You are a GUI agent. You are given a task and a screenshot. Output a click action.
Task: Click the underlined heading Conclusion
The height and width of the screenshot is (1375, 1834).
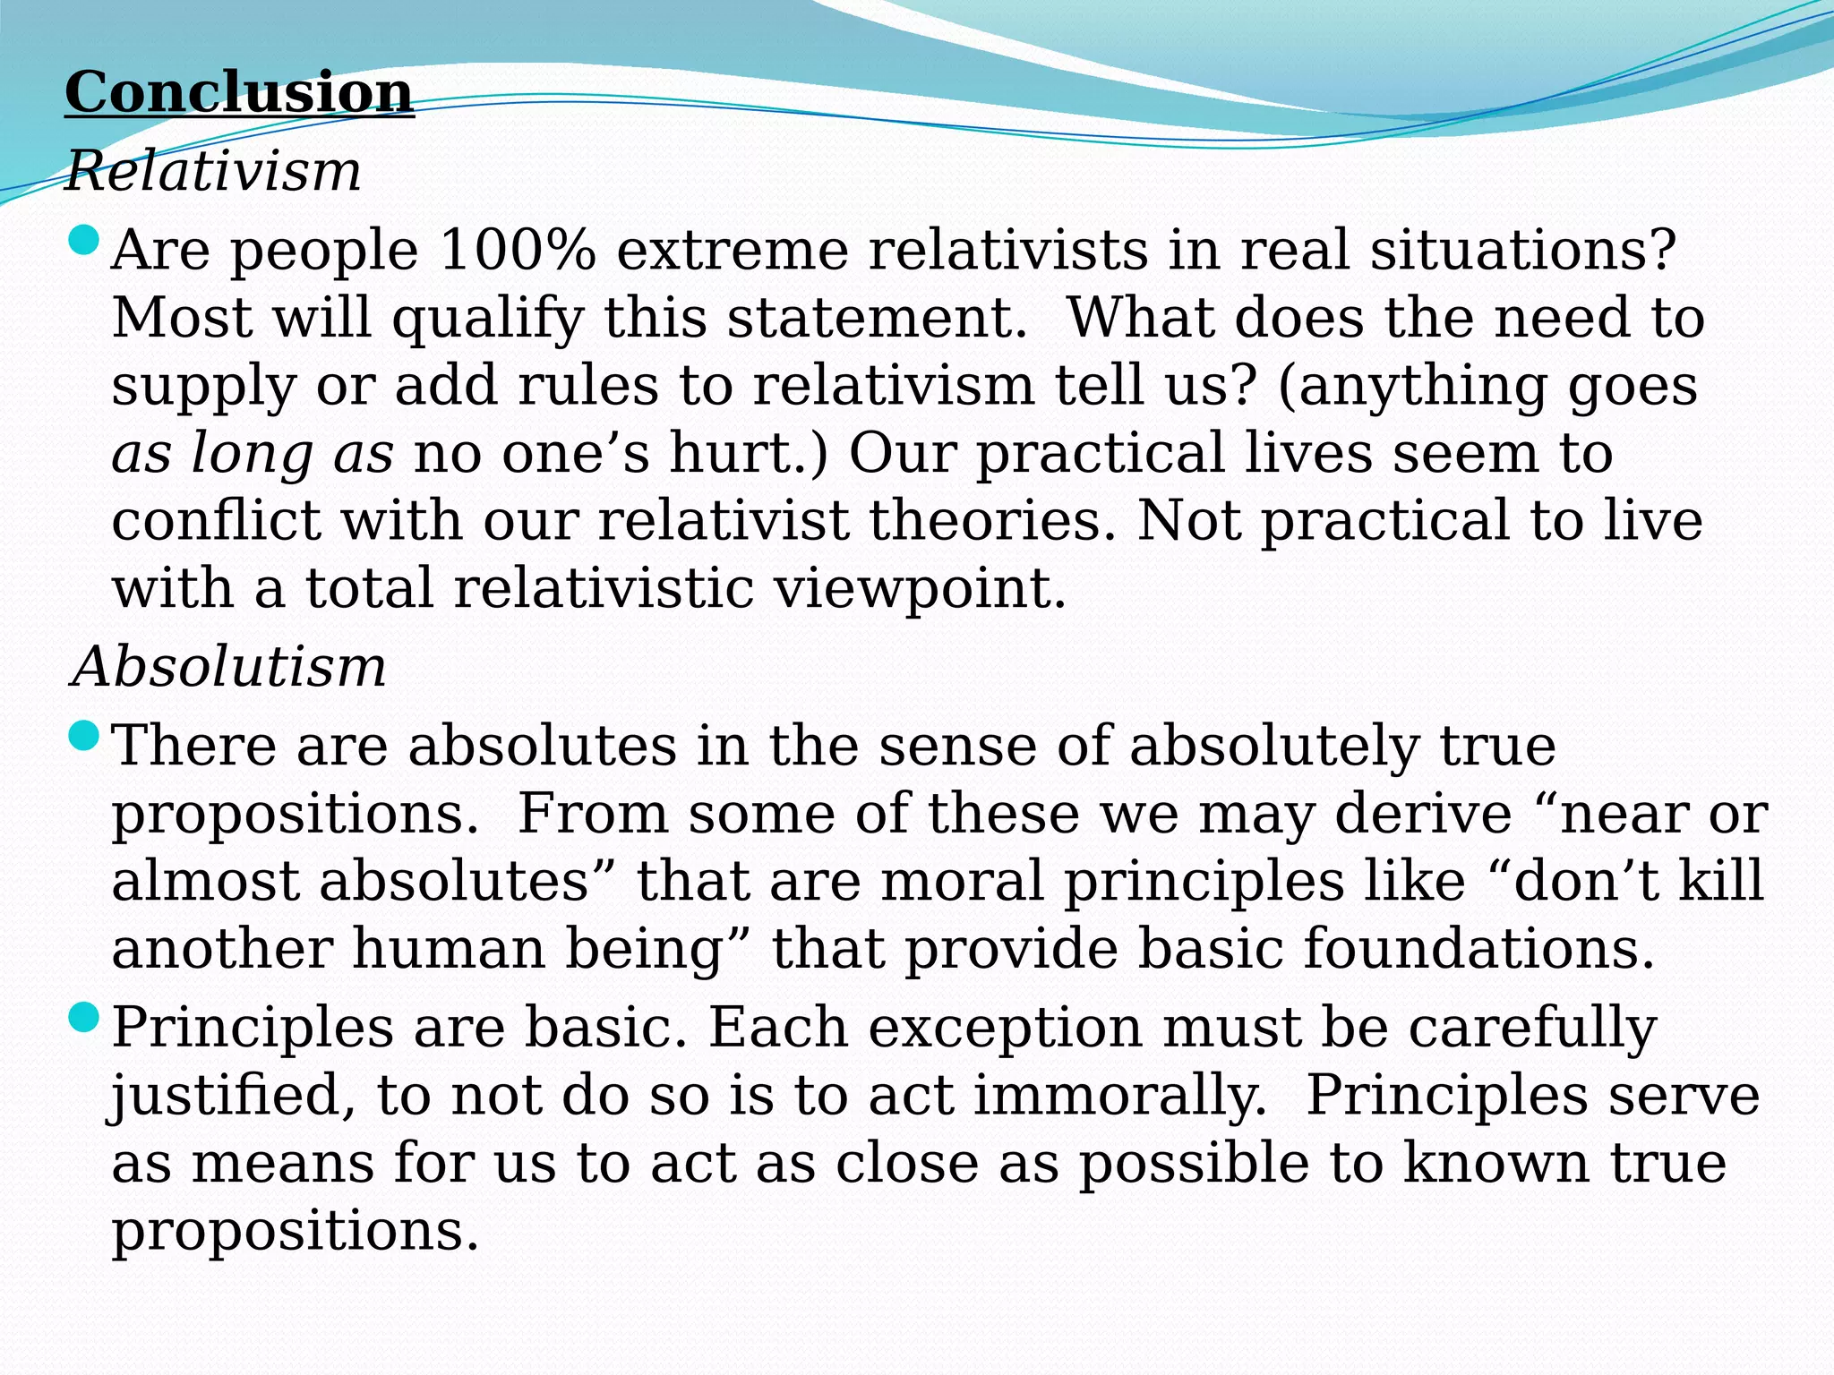coord(239,92)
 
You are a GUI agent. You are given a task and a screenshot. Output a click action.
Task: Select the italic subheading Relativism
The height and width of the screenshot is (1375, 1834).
coord(213,171)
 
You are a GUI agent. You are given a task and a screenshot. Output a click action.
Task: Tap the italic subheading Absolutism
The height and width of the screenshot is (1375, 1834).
coord(229,667)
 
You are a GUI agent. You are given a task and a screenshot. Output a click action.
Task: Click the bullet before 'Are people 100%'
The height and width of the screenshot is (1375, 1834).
coord(83,240)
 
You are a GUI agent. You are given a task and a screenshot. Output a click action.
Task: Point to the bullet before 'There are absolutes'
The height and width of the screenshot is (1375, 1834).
coord(83,736)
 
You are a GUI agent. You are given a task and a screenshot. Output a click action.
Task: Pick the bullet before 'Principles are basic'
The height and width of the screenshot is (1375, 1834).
coord(83,1017)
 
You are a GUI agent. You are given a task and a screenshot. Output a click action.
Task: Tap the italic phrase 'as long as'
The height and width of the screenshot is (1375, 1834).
coord(253,453)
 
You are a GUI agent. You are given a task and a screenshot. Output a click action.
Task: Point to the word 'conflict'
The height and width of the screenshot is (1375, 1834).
coord(216,520)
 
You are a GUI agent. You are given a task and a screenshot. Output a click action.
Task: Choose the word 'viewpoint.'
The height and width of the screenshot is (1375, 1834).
coord(920,589)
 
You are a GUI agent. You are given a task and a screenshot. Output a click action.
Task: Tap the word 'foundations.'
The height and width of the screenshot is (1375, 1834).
coord(1478,949)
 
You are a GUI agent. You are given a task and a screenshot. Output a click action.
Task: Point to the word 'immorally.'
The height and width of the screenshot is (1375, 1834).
coord(1120,1096)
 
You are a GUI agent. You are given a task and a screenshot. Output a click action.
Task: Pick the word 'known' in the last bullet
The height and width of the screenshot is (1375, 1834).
coord(1495,1163)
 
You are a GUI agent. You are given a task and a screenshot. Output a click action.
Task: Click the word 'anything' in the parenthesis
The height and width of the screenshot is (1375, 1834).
coord(1413,387)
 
